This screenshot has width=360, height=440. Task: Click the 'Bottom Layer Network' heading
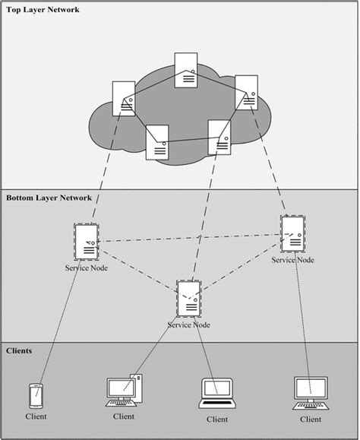49,198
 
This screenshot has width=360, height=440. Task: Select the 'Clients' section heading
19,350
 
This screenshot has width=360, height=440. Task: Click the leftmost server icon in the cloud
124,98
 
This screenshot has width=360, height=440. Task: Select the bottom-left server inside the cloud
157,141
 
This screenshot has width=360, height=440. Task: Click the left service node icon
86,243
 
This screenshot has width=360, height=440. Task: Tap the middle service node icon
188,299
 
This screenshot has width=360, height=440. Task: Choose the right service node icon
292,234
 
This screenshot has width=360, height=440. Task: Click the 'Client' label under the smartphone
35,416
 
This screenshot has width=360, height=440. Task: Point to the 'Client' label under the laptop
216,419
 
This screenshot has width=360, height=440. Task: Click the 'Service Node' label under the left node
86,268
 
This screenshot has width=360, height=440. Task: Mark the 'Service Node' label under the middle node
188,324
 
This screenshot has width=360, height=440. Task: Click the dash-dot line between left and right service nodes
190,239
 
